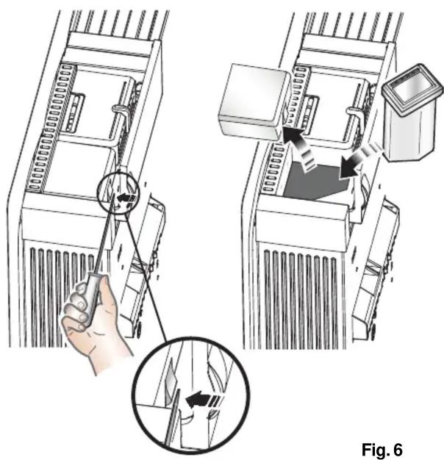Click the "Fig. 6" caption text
click(382, 449)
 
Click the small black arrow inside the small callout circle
click(126, 197)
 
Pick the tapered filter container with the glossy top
click(412, 113)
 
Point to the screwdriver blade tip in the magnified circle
click(178, 390)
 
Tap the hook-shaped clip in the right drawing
click(356, 115)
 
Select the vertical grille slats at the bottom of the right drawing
click(301, 298)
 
